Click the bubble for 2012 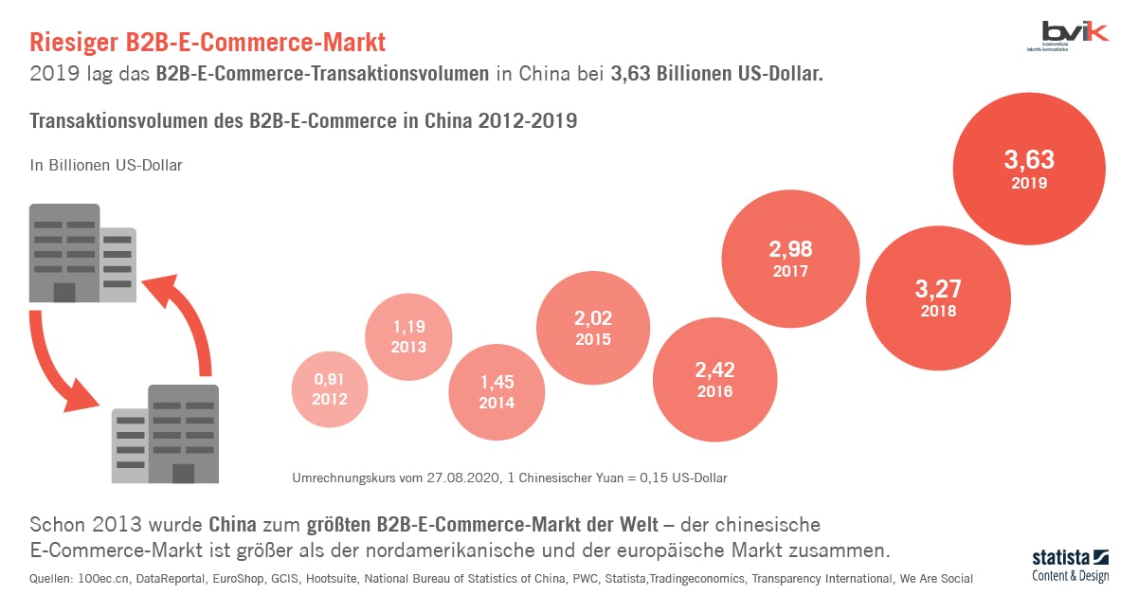[x=330, y=389]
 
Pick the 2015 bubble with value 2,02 [x=592, y=328]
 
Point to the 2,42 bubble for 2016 [x=714, y=378]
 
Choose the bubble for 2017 [x=790, y=259]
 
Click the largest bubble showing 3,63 [x=1029, y=170]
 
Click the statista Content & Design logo [x=1068, y=566]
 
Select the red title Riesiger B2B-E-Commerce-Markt [x=208, y=43]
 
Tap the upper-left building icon [x=81, y=252]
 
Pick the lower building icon [x=167, y=433]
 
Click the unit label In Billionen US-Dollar [x=106, y=165]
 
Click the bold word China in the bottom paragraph [x=232, y=524]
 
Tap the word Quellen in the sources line [x=51, y=578]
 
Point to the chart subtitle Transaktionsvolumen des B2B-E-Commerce [x=303, y=121]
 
